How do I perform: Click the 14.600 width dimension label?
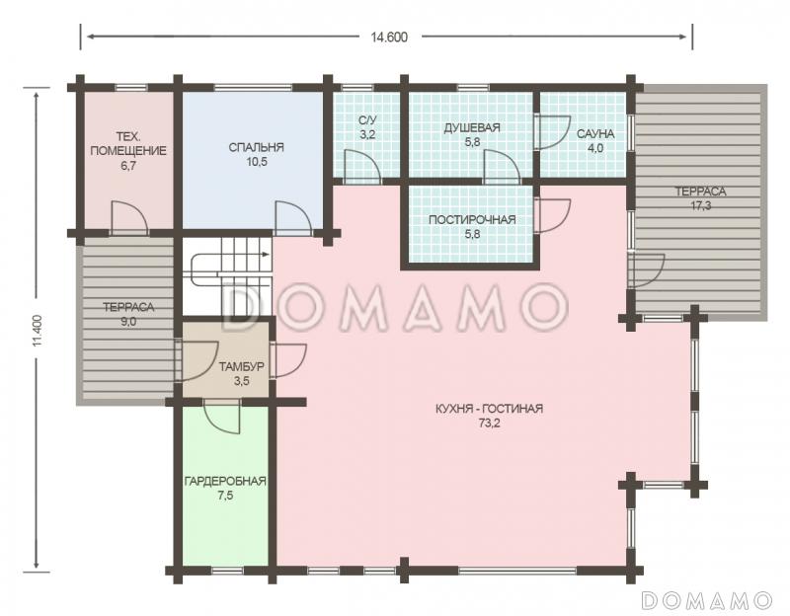(389, 38)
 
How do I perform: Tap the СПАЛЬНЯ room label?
(256, 147)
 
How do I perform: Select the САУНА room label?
(595, 134)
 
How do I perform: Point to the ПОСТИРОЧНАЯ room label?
(472, 219)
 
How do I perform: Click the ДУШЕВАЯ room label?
(472, 128)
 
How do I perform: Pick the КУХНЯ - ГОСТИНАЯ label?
(489, 409)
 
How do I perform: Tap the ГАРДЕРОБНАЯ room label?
(225, 481)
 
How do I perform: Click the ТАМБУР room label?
(241, 366)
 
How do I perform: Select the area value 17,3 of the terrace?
(701, 205)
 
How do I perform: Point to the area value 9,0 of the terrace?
(128, 322)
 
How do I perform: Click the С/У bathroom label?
(367, 120)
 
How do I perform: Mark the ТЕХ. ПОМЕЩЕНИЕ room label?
(128, 143)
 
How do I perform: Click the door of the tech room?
(129, 217)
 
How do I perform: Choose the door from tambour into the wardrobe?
(222, 416)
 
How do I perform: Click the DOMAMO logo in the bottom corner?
(707, 600)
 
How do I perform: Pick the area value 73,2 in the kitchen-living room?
(489, 423)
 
